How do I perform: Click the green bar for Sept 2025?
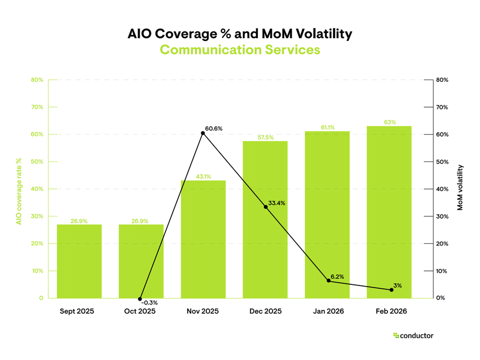click(x=79, y=261)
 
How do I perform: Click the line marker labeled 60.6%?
click(x=203, y=133)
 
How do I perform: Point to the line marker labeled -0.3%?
click(x=141, y=299)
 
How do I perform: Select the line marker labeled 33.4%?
click(x=265, y=207)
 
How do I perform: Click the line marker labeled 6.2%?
click(x=327, y=281)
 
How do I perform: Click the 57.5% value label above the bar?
click(x=265, y=137)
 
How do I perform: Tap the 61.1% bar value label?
click(x=327, y=127)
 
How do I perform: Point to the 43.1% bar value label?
click(x=203, y=177)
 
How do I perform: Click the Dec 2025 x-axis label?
click(x=265, y=311)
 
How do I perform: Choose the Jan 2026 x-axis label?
click(x=327, y=311)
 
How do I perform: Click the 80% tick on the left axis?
click(x=37, y=80)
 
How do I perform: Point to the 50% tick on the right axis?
click(x=442, y=162)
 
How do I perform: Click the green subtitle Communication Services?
click(x=240, y=50)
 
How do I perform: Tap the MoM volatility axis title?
click(x=460, y=188)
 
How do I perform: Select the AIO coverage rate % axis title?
click(x=19, y=191)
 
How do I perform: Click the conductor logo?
click(x=413, y=336)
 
